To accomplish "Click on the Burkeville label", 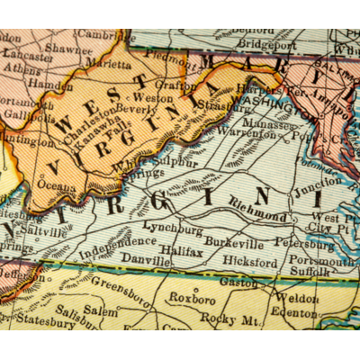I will pyautogui.click(x=233, y=243).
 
